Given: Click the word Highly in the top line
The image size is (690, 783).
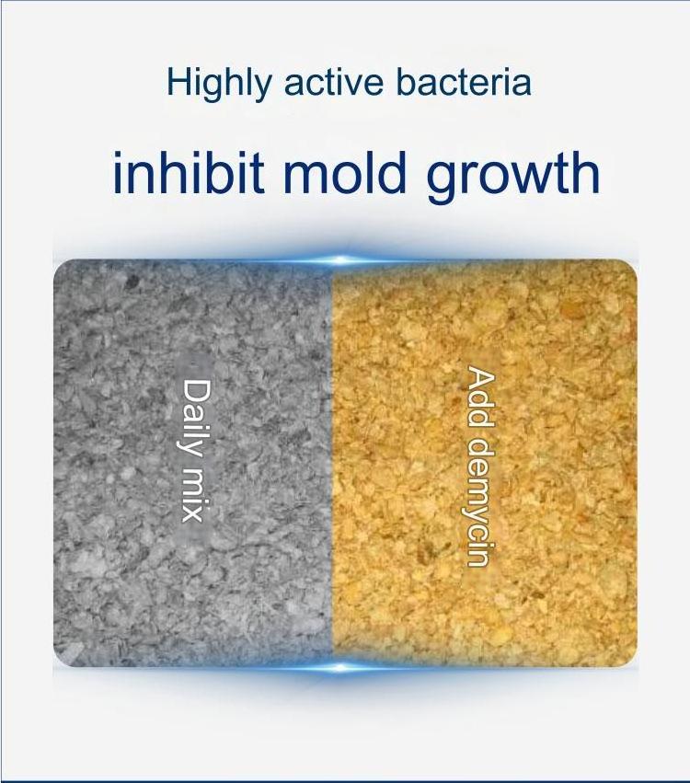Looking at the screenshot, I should click(x=220, y=84).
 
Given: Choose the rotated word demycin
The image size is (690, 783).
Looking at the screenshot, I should click(x=481, y=498).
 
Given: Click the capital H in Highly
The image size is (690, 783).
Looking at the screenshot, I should click(x=178, y=83).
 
